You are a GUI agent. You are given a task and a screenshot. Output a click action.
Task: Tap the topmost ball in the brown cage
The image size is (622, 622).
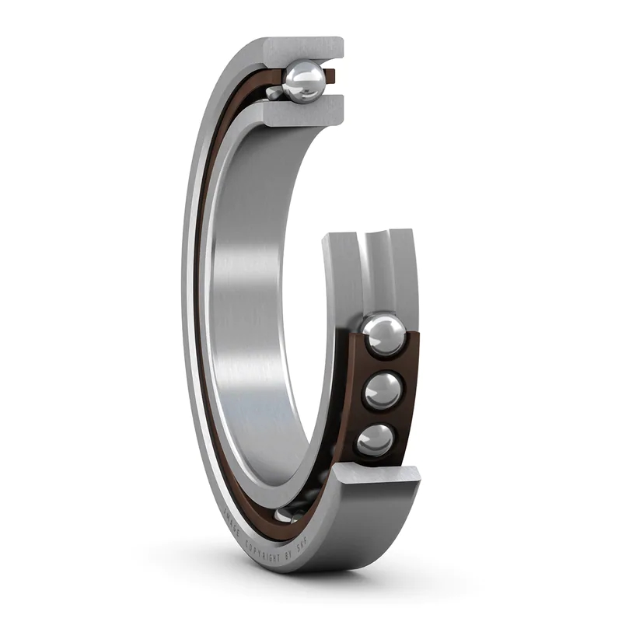[383, 335]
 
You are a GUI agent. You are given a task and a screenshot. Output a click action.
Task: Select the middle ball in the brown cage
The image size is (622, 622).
[381, 390]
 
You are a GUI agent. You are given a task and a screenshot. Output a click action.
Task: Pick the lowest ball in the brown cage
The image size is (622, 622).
[375, 440]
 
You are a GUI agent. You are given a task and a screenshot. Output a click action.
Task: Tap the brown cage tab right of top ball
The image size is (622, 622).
[330, 76]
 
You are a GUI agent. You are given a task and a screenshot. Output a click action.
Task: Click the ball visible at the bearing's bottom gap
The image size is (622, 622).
[285, 515]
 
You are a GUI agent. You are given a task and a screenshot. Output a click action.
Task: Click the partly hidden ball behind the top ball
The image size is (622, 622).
[274, 93]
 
